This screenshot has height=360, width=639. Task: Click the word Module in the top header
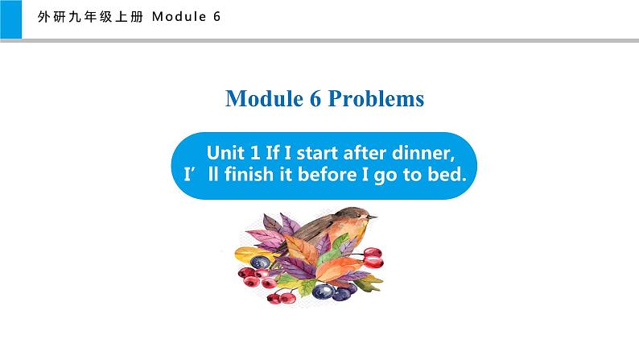coord(179,19)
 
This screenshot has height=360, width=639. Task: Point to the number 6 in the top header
coord(216,19)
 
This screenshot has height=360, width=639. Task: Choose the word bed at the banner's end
coord(450,174)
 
